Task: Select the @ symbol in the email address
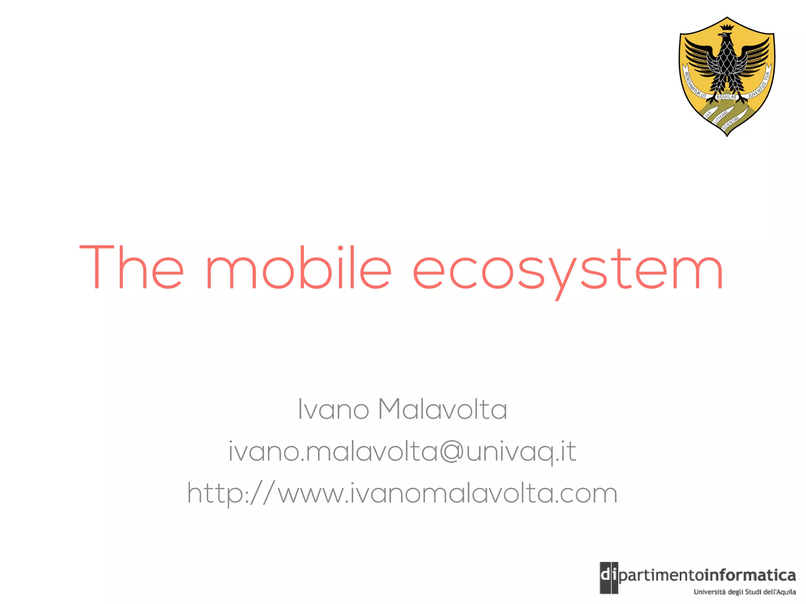click(x=452, y=451)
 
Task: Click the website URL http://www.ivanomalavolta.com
click(x=402, y=494)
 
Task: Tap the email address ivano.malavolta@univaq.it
click(x=402, y=451)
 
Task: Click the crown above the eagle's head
click(x=727, y=28)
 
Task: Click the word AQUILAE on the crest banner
click(x=727, y=97)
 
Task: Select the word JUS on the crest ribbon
click(x=708, y=114)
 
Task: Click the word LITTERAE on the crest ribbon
click(x=721, y=117)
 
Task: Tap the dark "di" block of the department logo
click(x=608, y=577)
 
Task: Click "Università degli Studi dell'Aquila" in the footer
click(x=745, y=592)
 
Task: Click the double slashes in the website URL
click(x=262, y=493)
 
